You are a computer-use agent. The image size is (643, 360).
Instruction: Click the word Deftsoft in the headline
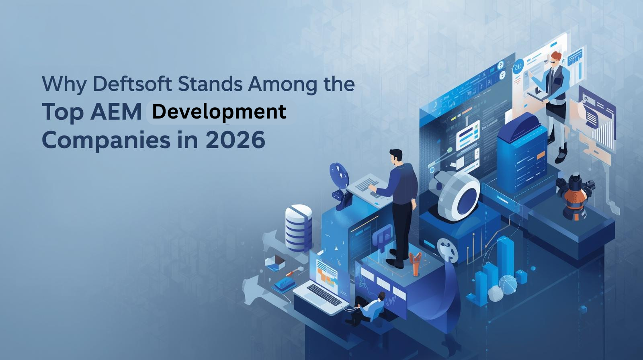coord(132,84)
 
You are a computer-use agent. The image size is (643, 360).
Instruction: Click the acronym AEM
coord(116,112)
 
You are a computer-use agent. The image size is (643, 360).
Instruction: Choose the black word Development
coord(219,112)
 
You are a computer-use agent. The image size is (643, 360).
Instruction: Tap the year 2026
coord(235,140)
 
